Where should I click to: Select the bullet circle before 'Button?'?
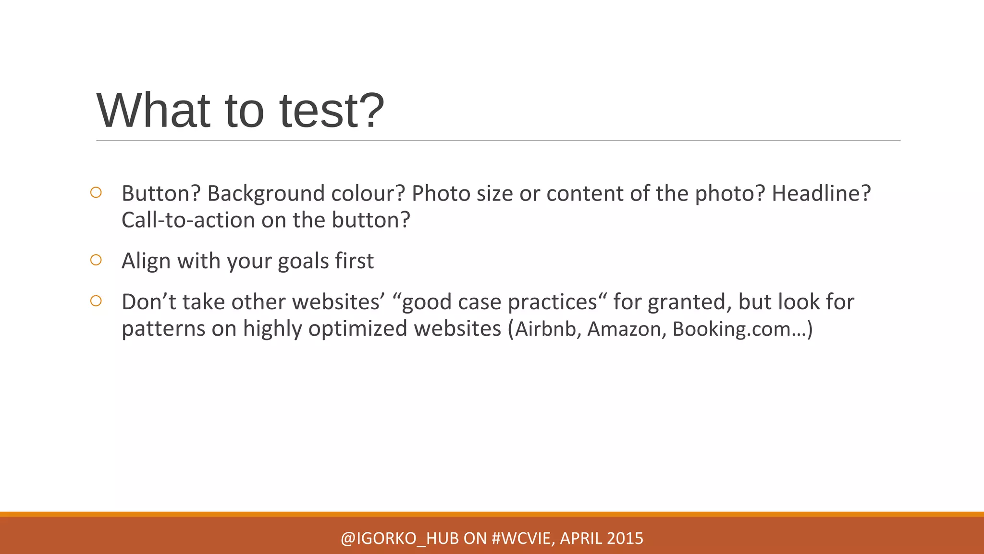point(96,193)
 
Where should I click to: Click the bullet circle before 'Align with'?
point(96,260)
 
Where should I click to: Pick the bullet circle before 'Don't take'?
point(96,301)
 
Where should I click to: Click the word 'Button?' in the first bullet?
point(161,194)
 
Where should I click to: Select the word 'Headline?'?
point(821,194)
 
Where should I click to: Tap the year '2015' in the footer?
point(625,539)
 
